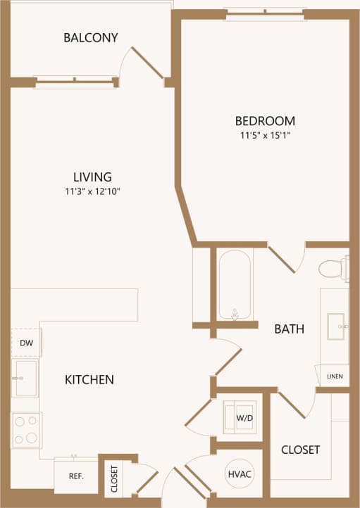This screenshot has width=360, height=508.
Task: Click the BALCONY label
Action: tap(90, 37)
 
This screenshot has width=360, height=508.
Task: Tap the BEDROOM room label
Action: tap(264, 120)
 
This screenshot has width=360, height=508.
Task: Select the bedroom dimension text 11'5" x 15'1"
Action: tap(264, 135)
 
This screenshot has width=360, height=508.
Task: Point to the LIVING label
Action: tap(92, 177)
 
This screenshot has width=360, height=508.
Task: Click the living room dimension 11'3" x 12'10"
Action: tap(92, 191)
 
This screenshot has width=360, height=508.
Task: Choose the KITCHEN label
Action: tap(89, 380)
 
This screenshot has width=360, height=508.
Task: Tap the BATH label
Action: tap(289, 329)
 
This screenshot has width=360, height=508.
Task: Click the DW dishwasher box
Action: tap(26, 343)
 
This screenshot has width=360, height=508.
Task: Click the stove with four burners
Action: tap(26, 430)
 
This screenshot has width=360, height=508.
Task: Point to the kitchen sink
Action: tap(26, 378)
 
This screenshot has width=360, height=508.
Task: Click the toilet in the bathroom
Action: tap(333, 268)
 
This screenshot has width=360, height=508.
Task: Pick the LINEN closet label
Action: tap(335, 376)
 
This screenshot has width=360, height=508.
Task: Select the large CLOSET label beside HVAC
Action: tap(301, 450)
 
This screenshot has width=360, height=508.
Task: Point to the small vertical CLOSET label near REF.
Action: tap(114, 478)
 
